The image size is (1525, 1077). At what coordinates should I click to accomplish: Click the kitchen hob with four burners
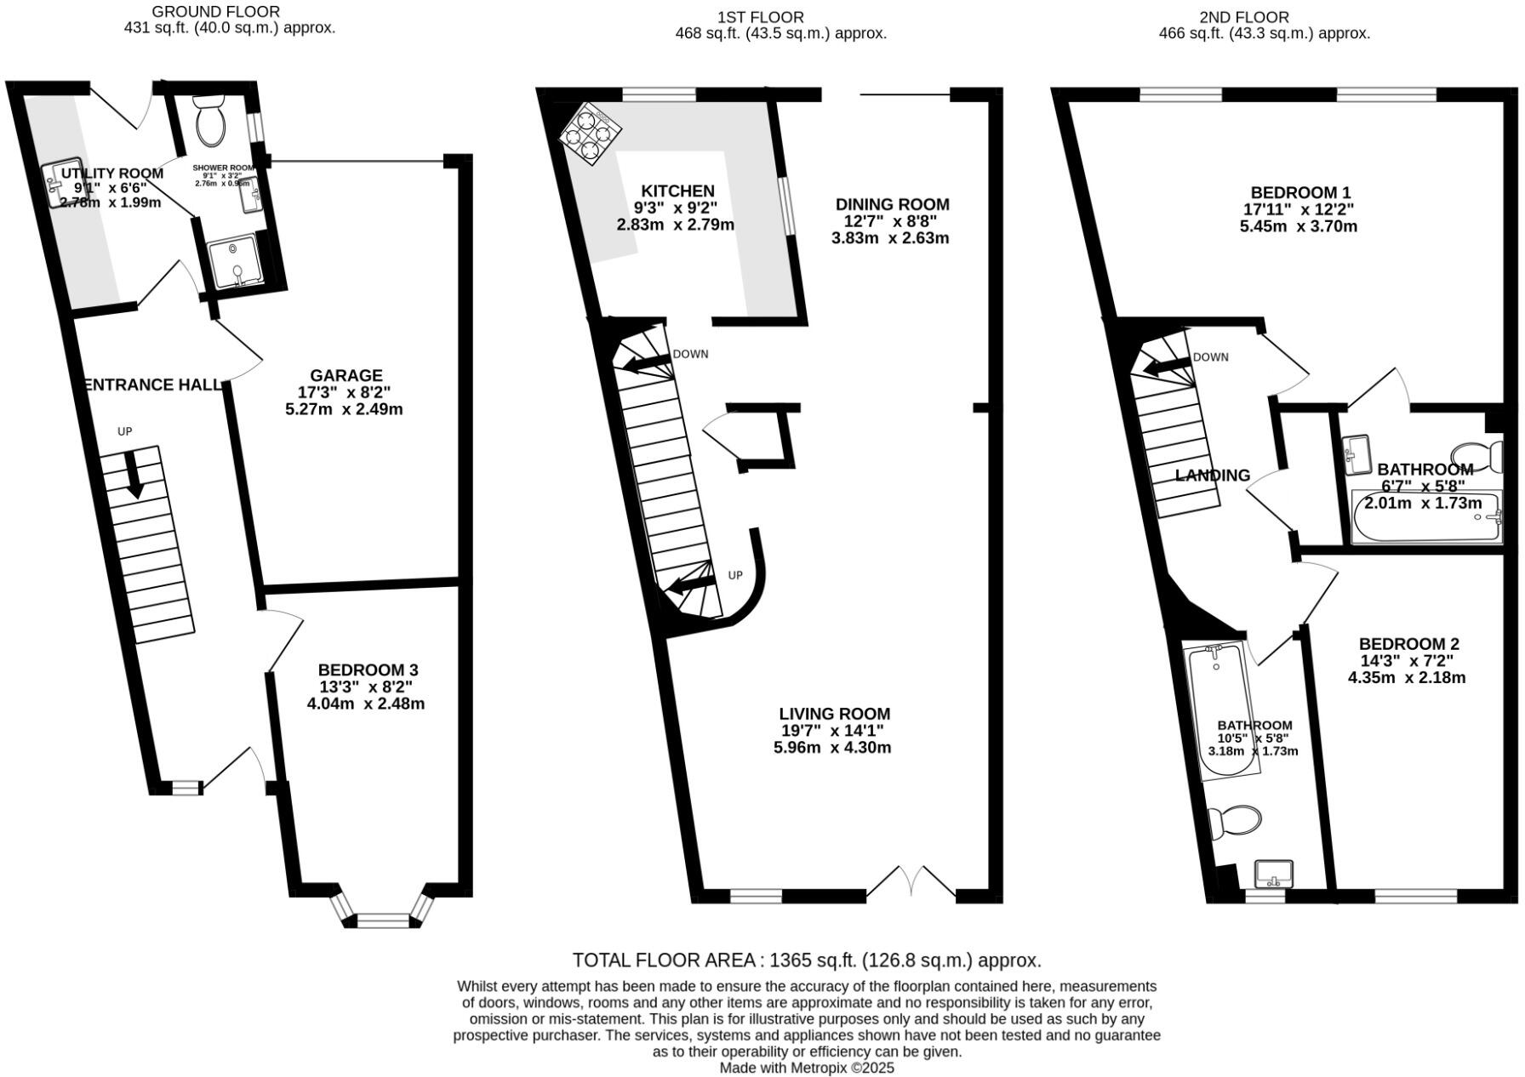[591, 135]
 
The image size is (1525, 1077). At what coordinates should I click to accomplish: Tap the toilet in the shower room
[210, 122]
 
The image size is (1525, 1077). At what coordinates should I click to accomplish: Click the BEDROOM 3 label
[368, 670]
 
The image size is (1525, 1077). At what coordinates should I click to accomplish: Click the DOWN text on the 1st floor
[690, 354]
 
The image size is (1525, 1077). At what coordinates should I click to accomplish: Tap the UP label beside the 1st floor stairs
[735, 575]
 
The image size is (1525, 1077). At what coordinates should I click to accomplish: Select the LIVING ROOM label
[834, 714]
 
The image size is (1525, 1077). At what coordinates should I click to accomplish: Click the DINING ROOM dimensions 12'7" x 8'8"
[891, 221]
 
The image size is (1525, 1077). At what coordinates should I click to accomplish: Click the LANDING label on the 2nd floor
[1212, 476]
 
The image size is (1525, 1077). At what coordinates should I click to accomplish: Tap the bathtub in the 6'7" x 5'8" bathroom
[1426, 517]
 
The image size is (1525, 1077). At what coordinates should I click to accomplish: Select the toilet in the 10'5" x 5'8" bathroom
[1236, 823]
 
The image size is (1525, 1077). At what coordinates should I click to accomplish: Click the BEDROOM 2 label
[1408, 644]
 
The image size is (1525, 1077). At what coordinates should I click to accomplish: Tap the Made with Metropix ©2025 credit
[806, 1067]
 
